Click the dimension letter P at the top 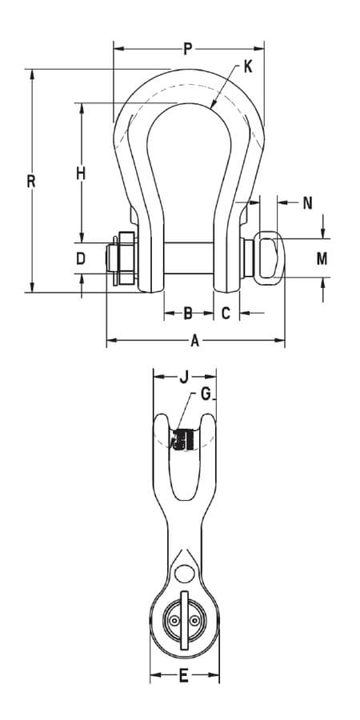(187, 50)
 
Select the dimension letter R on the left (30, 182)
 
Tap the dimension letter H (80, 173)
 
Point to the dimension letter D (80, 258)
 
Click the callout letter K (247, 67)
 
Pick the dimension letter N (307, 203)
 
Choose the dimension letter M (321, 258)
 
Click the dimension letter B (189, 313)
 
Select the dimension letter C (226, 313)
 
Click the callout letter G (206, 394)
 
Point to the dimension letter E (183, 678)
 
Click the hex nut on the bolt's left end (124, 258)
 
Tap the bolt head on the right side (266, 257)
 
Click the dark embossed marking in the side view (184, 440)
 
